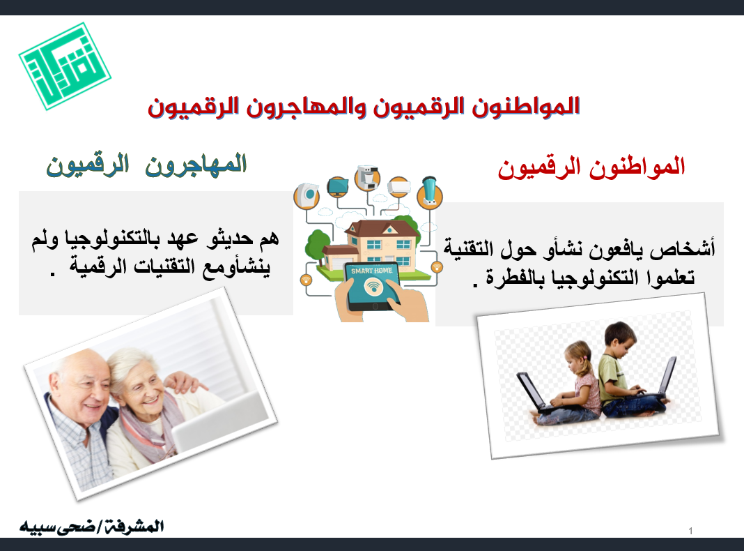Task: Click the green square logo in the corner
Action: tap(65, 66)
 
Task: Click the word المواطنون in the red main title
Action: tap(526, 107)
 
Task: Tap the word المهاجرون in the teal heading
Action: tap(196, 165)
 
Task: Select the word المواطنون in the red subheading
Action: tap(637, 167)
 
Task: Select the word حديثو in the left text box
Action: tap(230, 239)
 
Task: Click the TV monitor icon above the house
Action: tap(339, 186)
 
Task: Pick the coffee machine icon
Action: tap(367, 178)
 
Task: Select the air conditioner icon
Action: tap(398, 188)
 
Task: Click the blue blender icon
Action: tap(430, 191)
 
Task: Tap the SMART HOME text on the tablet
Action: tap(372, 271)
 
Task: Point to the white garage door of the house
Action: tap(332, 263)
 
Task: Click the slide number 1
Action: tap(690, 531)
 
